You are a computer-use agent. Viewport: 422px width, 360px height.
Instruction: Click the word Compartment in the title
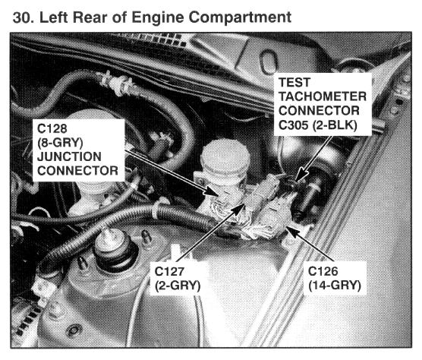coord(240,17)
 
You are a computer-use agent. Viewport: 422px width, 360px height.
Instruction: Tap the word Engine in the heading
coord(158,18)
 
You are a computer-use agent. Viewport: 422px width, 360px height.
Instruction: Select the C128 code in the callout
coord(52,128)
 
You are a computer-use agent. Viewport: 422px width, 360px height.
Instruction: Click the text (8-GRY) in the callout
coord(60,143)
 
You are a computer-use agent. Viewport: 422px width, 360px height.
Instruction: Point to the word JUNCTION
coord(69,156)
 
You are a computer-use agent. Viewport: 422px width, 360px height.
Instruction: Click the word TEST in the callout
coord(294,82)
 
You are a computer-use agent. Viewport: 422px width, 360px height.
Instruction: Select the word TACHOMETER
coord(323,96)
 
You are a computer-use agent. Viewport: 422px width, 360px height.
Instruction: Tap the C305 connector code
coord(294,125)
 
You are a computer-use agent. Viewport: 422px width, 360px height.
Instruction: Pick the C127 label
coord(169,271)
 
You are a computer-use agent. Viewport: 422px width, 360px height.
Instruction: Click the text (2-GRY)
coord(178,286)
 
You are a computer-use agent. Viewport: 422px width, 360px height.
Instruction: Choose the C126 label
coord(323,271)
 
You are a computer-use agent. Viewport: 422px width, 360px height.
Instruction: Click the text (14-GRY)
coord(335,286)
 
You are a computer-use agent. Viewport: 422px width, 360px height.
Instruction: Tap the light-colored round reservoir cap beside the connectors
coord(225,157)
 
